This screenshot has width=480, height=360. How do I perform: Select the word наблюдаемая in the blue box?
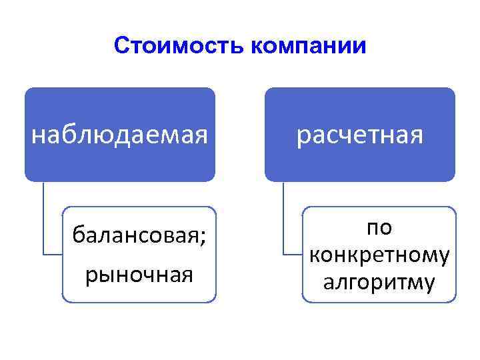[x=120, y=136]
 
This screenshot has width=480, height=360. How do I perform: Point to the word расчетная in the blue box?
[x=360, y=136]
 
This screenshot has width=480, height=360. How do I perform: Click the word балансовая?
[x=135, y=235]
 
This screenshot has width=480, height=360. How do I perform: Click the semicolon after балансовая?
[x=202, y=237]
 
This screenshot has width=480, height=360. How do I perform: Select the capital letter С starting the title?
[x=121, y=46]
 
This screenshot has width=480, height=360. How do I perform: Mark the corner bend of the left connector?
[x=44, y=254]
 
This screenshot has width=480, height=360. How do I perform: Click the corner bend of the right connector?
[x=284, y=254]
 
